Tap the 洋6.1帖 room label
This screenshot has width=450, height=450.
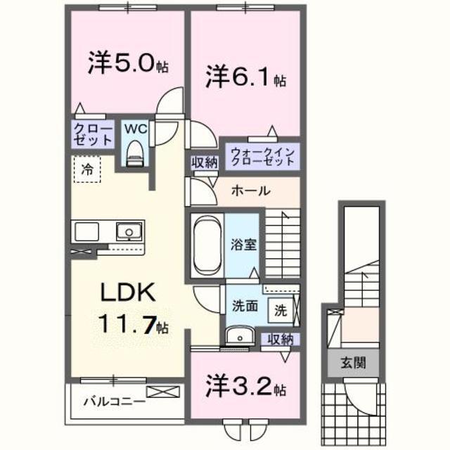point(245,76)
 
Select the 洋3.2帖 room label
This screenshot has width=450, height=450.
point(245,387)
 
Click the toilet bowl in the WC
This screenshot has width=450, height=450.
point(134,153)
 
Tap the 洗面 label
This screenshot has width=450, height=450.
point(243,307)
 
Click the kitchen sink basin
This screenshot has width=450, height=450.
point(129,231)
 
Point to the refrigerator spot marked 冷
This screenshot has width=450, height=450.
point(87,169)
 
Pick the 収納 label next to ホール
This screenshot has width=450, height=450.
point(205,162)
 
